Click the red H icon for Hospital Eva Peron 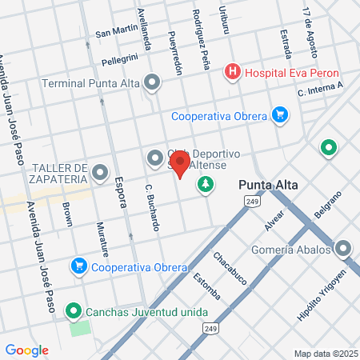(232, 71)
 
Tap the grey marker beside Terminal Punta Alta (152, 82)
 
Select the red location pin (181, 166)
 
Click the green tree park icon (206, 184)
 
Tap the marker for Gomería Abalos (344, 250)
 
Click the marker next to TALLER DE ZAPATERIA (100, 173)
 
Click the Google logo (27, 350)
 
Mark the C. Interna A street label (319, 89)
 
